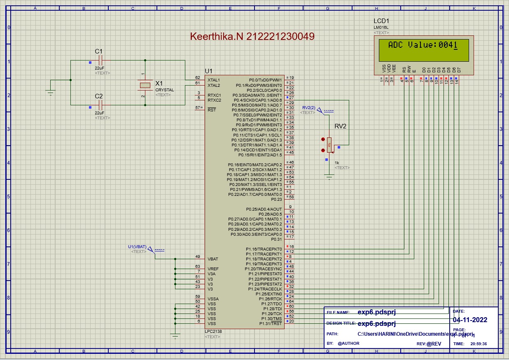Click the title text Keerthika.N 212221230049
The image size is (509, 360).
[252, 36]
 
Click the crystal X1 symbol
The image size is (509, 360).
[145, 85]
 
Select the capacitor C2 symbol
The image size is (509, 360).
[99, 105]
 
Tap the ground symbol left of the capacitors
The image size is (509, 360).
[51, 92]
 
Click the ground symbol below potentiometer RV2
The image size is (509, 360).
[329, 177]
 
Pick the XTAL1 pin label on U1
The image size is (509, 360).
[214, 80]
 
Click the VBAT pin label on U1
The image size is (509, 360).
[213, 259]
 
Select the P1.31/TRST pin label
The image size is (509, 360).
[271, 323]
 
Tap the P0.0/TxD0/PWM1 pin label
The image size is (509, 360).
[266, 80]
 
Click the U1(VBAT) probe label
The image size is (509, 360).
[137, 246]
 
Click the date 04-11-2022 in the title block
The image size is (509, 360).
[470, 320]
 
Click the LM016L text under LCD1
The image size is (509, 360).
[381, 27]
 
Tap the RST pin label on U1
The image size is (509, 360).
[212, 110]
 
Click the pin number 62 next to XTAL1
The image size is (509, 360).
[198, 77]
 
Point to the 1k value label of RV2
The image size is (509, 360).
[337, 163]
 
